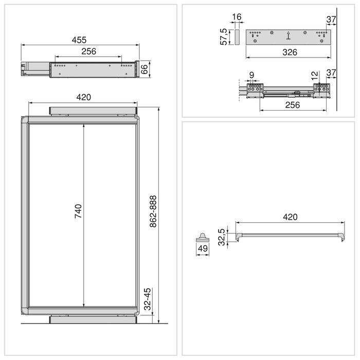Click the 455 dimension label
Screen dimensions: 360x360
tap(79, 40)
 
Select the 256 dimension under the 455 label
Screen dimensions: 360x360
tap(88, 51)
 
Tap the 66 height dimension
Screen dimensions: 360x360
tap(145, 68)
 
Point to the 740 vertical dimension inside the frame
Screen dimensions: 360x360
tap(78, 212)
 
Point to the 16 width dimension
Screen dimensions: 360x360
tap(237, 17)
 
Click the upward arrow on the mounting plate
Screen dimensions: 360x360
tap(289, 36)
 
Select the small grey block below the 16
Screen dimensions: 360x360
tap(237, 38)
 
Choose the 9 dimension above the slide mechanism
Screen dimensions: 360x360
tap(251, 75)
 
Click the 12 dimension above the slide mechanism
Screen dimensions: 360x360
tap(315, 75)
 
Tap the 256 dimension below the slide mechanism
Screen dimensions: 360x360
tap(292, 105)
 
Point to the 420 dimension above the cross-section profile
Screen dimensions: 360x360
tap(290, 217)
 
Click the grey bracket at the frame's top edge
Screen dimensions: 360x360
tap(93, 111)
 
